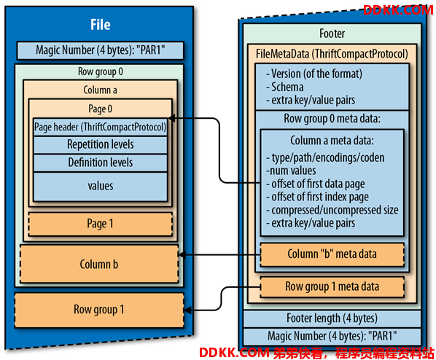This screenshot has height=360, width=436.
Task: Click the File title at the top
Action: (x=101, y=25)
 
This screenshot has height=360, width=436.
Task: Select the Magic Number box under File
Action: (x=101, y=50)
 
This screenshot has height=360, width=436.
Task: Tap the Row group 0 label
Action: (x=101, y=71)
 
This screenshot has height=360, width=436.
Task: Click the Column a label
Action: (x=100, y=90)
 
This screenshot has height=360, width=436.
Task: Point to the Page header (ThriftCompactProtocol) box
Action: (x=101, y=127)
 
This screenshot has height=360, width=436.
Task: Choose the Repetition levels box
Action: (x=101, y=144)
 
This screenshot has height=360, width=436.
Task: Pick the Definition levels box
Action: (x=101, y=163)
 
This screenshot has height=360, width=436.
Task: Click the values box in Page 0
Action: (x=101, y=187)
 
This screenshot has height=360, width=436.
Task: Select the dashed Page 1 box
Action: (x=101, y=224)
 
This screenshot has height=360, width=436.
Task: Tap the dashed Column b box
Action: (x=99, y=264)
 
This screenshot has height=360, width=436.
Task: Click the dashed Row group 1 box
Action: (x=99, y=310)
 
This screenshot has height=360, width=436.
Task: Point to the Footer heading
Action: (x=332, y=34)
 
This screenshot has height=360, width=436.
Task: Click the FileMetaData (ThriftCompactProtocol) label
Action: (x=332, y=54)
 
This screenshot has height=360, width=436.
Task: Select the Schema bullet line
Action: (x=285, y=87)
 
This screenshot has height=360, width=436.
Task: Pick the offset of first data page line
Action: (x=315, y=184)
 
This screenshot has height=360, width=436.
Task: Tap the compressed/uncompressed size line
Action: (x=332, y=210)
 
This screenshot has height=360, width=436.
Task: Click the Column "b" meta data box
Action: (x=332, y=254)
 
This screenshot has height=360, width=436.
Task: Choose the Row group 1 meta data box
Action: (x=332, y=287)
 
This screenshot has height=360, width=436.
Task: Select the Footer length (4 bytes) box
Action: (x=332, y=318)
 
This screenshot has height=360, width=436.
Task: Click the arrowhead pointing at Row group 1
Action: (x=187, y=310)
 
